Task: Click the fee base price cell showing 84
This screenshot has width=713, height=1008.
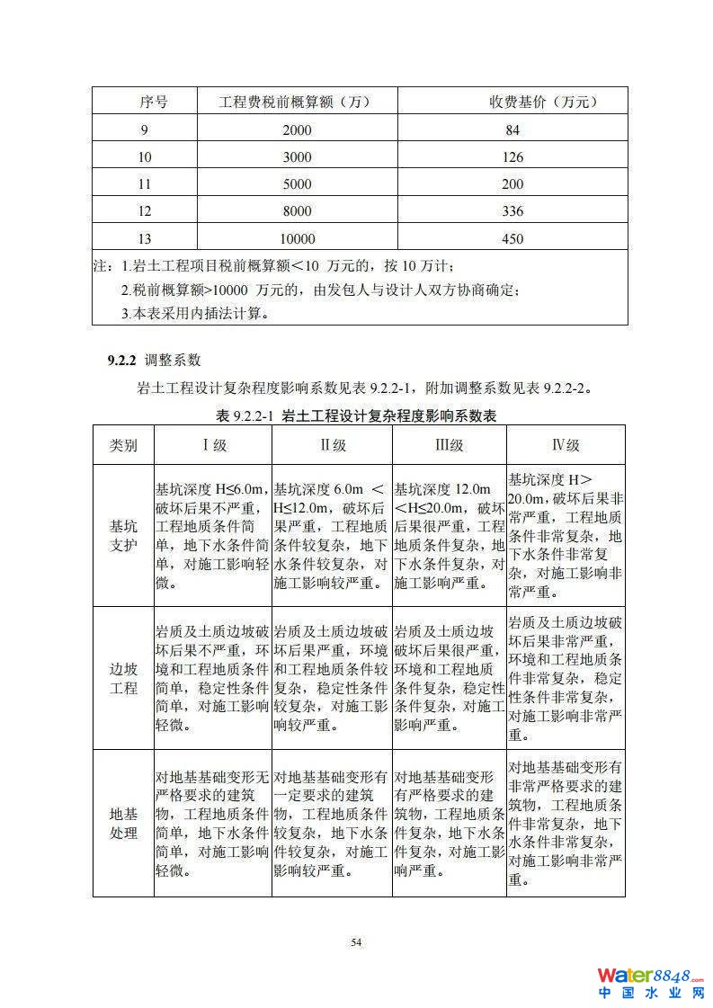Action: [512, 130]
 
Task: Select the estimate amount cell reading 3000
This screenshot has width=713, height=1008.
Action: [296, 157]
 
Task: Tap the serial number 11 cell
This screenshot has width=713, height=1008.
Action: [146, 184]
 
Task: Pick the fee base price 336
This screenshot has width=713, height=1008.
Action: [512, 211]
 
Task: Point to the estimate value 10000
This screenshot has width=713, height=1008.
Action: [296, 239]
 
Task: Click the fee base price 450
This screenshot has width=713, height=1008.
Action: [512, 239]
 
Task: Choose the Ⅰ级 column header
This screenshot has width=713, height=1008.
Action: [213, 445]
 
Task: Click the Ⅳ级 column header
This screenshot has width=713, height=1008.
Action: [566, 445]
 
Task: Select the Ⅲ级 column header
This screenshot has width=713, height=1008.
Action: [449, 445]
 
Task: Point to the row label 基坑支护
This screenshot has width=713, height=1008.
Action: [123, 536]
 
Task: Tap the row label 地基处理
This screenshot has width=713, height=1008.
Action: [123, 823]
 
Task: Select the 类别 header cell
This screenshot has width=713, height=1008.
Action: [123, 445]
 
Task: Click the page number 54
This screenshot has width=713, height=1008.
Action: [356, 941]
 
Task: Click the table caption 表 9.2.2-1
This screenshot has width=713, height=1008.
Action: [245, 415]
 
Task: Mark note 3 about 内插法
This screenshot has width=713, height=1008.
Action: [196, 314]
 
